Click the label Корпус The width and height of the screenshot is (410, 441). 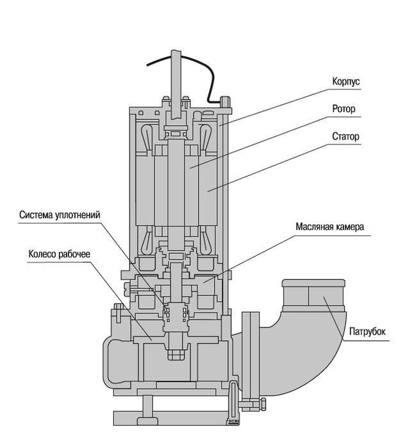click(346, 82)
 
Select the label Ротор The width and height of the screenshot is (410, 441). click(344, 108)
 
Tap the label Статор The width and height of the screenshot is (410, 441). click(345, 136)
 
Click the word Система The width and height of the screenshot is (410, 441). click(36, 215)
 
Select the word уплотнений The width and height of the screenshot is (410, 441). click(78, 215)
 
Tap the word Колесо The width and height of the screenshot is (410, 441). click(42, 254)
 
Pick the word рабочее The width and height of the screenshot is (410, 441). click(75, 254)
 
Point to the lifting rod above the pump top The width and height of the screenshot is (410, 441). click(176, 84)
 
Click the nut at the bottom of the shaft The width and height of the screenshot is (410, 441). click(176, 354)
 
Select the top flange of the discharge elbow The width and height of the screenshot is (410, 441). click(313, 282)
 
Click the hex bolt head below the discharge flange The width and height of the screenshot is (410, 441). click(263, 404)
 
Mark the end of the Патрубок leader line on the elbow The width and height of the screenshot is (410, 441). click(324, 297)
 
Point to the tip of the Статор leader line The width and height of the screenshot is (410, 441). click(208, 191)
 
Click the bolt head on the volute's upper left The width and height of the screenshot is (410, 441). click(119, 307)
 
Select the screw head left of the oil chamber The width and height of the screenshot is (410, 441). click(127, 290)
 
